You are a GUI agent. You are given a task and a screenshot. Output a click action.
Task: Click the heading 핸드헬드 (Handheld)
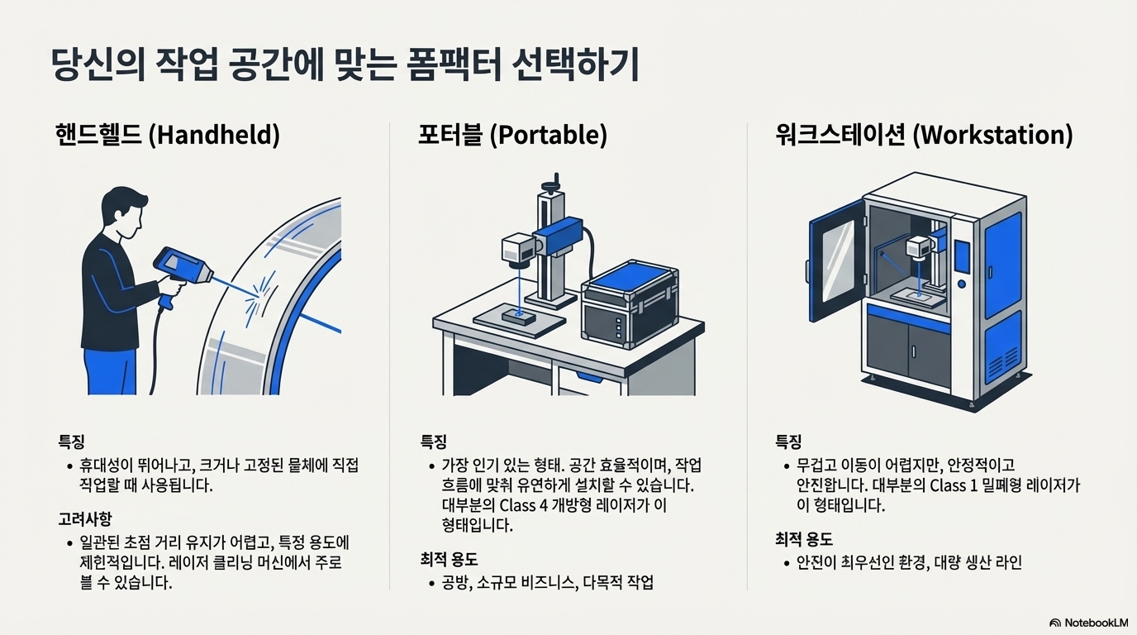[x=167, y=135]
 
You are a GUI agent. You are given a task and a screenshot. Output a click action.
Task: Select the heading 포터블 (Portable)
[x=512, y=135]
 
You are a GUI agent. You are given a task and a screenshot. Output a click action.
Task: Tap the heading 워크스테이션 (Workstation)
[x=924, y=135]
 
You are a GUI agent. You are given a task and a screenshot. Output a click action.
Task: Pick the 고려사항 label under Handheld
[x=84, y=518]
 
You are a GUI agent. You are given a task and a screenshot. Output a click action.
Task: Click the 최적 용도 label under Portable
[x=449, y=560]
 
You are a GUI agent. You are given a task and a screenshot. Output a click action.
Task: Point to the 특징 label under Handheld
[x=71, y=442]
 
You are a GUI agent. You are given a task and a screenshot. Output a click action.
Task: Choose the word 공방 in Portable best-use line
[x=456, y=583]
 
